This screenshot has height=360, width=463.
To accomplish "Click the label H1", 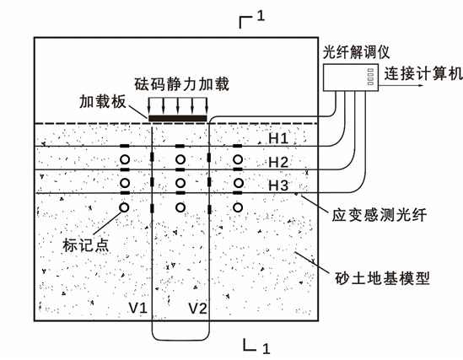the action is coord(278,138).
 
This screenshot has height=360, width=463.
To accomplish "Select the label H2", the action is coord(278,162).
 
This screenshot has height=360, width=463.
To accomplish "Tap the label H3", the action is coord(278,185).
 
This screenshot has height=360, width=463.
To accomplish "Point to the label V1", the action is coord(138,308).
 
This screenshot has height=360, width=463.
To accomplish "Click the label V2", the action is coord(198,309).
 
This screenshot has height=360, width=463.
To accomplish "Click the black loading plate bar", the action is coord(177,118).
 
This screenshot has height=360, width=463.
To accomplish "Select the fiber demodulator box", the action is coord(351,78).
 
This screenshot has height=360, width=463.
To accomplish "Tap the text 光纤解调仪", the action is coord(356,52).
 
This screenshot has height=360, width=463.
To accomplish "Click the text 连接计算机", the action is coord(423,73).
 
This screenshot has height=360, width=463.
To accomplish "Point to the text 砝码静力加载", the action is coord(182,84).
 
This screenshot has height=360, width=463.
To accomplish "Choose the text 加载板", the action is coord(103,101).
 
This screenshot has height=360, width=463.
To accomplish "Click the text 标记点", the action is coord(86,244).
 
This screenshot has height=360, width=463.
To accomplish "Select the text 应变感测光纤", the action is coord(380,215).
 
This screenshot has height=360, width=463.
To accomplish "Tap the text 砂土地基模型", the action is coord(382,278).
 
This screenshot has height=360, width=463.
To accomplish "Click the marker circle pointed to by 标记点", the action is coord(124,207).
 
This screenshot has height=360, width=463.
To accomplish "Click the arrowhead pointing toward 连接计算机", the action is coord(421,86).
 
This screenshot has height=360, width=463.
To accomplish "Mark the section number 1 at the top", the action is coord(261,16).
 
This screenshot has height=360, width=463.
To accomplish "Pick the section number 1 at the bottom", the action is coord(266,348).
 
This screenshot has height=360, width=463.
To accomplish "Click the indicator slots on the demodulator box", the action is coord(370,77).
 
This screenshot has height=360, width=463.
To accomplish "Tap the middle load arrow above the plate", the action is coord(178,106).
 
